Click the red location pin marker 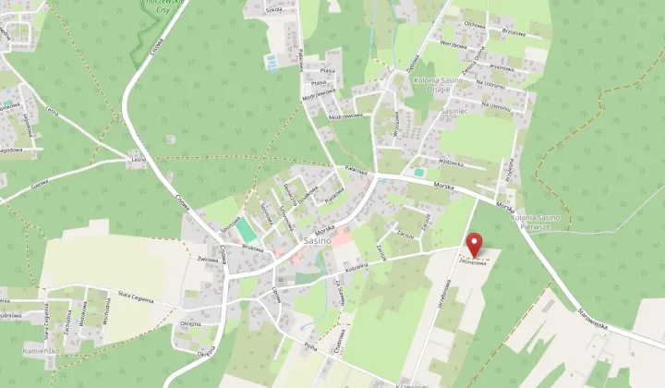(x=475, y=246)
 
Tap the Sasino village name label (x=317, y=240)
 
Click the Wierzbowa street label (x=453, y=43)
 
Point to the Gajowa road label (x=40, y=184)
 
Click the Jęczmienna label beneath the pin (x=473, y=261)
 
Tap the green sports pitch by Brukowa (x=242, y=229)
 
